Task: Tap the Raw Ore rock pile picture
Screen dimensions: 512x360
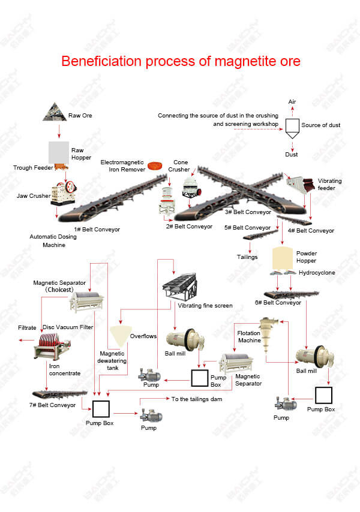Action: [55, 112]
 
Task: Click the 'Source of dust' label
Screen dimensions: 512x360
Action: [320, 125]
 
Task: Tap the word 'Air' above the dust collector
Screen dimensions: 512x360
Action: [292, 102]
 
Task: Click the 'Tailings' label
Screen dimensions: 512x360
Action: [247, 257]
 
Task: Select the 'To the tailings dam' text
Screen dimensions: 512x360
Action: [197, 399]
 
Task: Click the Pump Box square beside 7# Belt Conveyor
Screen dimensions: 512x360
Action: [101, 409]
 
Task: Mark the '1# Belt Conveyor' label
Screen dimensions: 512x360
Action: [97, 230]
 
